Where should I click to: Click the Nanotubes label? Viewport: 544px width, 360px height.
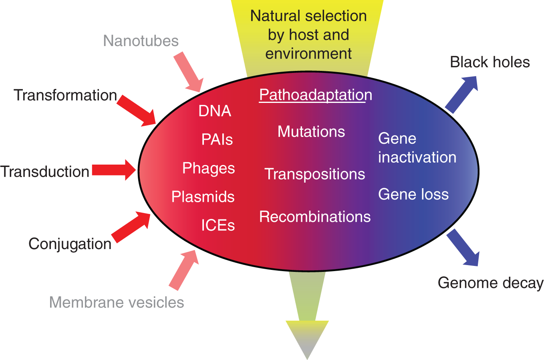click(x=141, y=41)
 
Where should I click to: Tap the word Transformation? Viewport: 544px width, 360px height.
click(x=65, y=95)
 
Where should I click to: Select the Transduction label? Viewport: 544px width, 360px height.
click(x=45, y=171)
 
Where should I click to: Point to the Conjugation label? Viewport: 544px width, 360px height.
click(x=70, y=244)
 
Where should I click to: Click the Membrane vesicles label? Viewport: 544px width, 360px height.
click(x=117, y=302)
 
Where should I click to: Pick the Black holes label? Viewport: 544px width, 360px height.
click(x=490, y=62)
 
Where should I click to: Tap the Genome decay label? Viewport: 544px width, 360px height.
click(x=490, y=283)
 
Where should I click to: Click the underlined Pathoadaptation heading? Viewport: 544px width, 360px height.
click(x=315, y=95)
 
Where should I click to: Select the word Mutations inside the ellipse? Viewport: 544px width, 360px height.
click(x=311, y=132)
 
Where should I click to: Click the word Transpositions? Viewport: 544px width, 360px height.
click(x=314, y=174)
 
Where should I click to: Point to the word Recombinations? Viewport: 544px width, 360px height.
click(x=315, y=217)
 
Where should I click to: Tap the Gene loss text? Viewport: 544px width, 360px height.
click(x=413, y=194)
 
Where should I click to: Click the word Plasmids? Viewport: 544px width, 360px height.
click(x=203, y=197)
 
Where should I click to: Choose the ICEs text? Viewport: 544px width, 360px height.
click(x=218, y=225)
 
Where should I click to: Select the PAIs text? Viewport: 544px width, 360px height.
click(x=217, y=139)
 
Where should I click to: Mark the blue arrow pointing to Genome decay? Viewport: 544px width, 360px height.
click(x=463, y=247)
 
